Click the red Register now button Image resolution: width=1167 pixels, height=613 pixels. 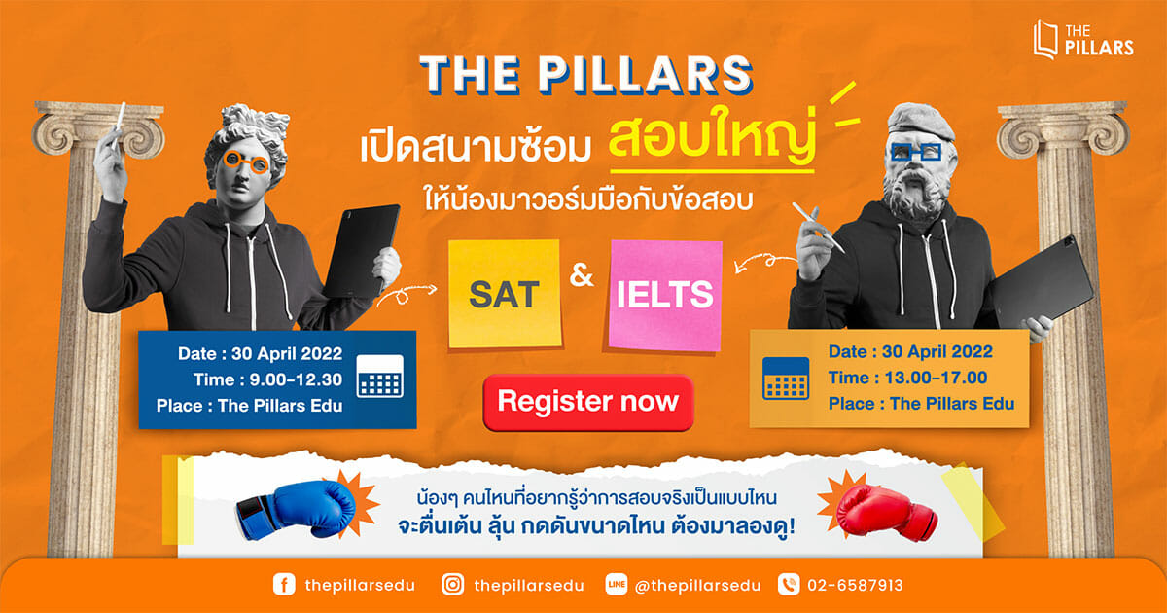coord(588,403)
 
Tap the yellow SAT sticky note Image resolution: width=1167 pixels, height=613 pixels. coord(505,294)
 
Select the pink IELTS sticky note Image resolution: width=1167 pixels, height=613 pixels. coord(665,295)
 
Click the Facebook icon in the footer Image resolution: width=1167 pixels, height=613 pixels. coord(284,585)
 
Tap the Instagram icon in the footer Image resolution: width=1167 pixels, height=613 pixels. coord(453,585)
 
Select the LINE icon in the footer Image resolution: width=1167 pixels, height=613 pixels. coord(617,585)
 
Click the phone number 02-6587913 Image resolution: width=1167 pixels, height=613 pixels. coord(855,586)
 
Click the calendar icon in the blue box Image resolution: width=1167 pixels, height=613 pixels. coord(380,377)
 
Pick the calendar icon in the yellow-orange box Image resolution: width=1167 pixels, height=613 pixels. coord(786,379)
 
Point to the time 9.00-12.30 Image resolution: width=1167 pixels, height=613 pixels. coord(296,379)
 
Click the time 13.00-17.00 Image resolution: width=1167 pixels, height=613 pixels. coord(937,378)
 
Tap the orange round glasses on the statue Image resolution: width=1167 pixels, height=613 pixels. coord(246,162)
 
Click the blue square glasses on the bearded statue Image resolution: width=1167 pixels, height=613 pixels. coord(916,152)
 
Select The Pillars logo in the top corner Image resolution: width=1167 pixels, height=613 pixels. coord(1083,40)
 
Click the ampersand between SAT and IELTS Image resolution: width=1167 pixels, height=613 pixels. coord(582,275)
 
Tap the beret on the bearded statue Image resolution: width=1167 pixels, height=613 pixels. coord(920,121)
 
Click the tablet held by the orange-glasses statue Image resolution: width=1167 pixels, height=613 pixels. coord(362,251)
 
